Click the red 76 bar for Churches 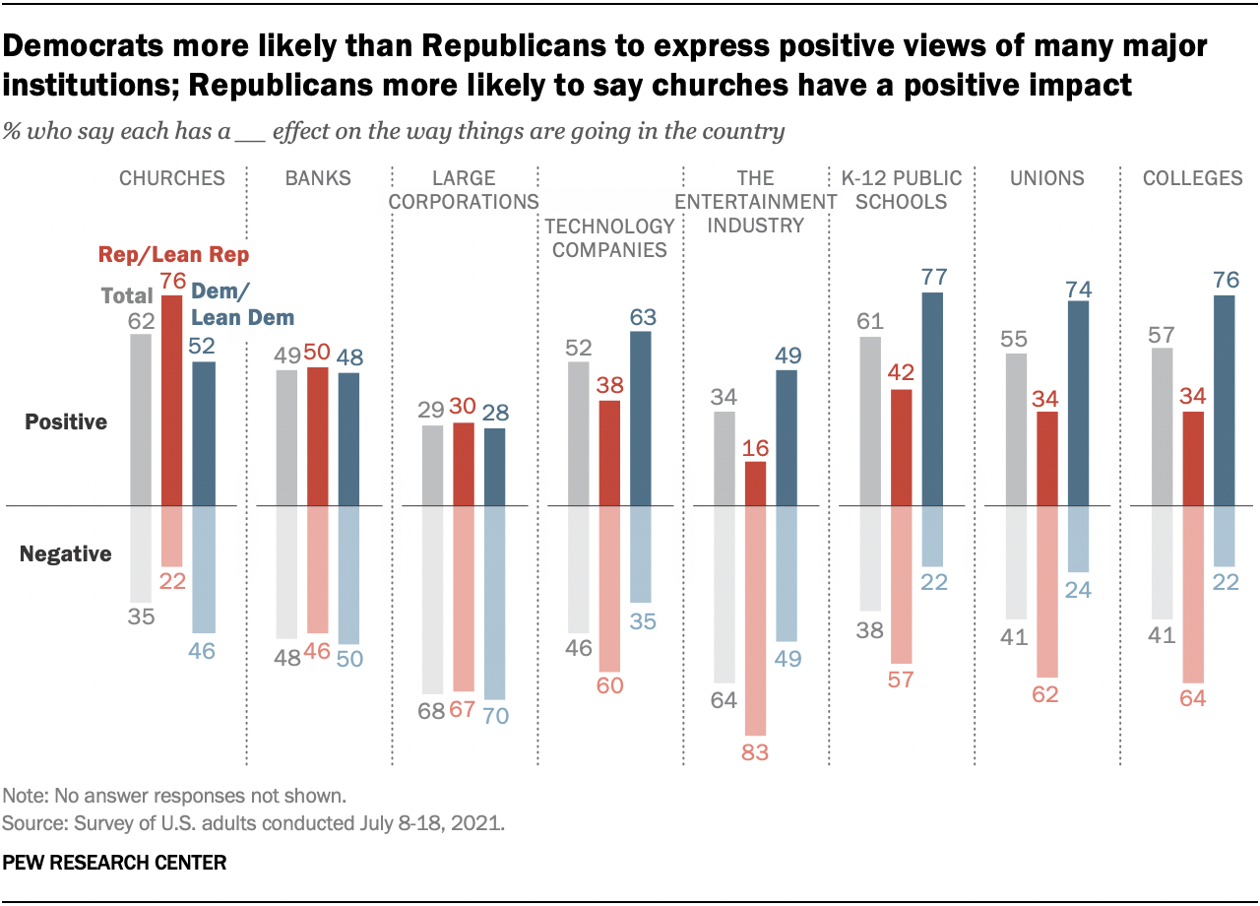pyautogui.click(x=173, y=401)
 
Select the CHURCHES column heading pyautogui.click(x=172, y=178)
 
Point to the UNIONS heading pyautogui.click(x=1047, y=178)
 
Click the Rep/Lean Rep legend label pyautogui.click(x=173, y=255)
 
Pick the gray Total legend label pyautogui.click(x=128, y=295)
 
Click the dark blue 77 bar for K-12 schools pyautogui.click(x=932, y=400)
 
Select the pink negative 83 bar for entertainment pyautogui.click(x=756, y=620)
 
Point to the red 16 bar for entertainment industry pyautogui.click(x=756, y=484)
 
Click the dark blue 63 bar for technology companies pyautogui.click(x=640, y=419)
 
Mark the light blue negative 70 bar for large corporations pyautogui.click(x=494, y=603)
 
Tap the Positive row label pyautogui.click(x=66, y=422)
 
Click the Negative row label pyautogui.click(x=66, y=554)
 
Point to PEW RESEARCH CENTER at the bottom pyautogui.click(x=115, y=863)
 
